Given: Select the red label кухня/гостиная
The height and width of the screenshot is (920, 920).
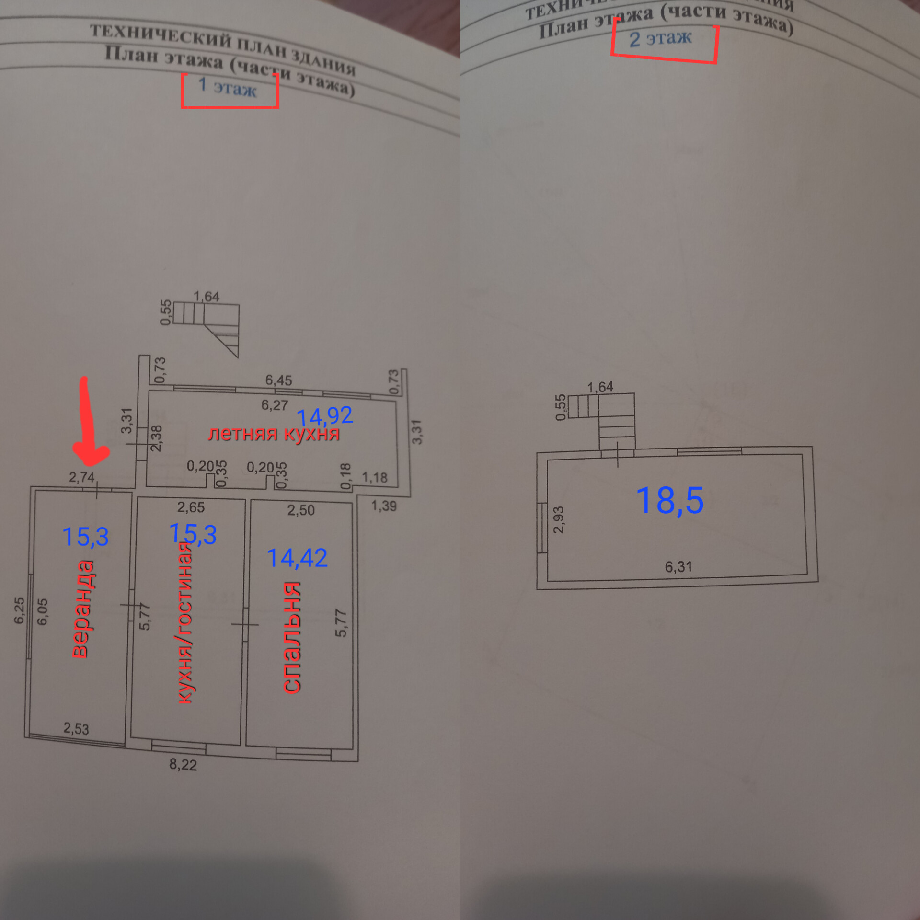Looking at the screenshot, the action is point(185,623).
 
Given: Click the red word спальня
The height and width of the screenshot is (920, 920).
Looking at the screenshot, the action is point(291,637).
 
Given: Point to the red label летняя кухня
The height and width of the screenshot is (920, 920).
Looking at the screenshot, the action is point(274,434).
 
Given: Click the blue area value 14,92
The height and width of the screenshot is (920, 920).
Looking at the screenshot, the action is point(325,415).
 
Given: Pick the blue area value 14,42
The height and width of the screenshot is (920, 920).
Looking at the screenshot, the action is point(297,558).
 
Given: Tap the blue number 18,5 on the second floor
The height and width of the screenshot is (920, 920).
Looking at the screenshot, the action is point(670,500).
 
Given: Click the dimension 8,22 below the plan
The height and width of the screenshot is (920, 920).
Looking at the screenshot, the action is point(183,764).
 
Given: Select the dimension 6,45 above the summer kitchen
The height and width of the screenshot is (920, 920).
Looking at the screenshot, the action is point(278,380).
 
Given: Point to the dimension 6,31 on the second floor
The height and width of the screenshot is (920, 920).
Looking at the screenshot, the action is point(678,567).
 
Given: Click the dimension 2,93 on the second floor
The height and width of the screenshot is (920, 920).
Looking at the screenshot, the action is point(559,519).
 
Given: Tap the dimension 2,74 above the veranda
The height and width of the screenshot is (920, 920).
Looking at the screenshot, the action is point(81,477).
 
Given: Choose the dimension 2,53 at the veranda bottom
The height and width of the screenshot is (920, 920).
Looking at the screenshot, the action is point(76,728).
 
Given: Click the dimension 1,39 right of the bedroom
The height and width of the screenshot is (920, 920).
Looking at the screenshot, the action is point(384,506).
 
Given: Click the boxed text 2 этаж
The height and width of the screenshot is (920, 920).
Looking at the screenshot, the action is point(660,38).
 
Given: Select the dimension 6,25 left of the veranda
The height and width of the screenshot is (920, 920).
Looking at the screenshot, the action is point(19,610).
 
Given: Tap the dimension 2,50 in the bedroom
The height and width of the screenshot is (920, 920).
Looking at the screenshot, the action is point(301,510).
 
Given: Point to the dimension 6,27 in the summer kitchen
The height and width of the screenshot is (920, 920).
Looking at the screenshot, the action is point(275,405).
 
